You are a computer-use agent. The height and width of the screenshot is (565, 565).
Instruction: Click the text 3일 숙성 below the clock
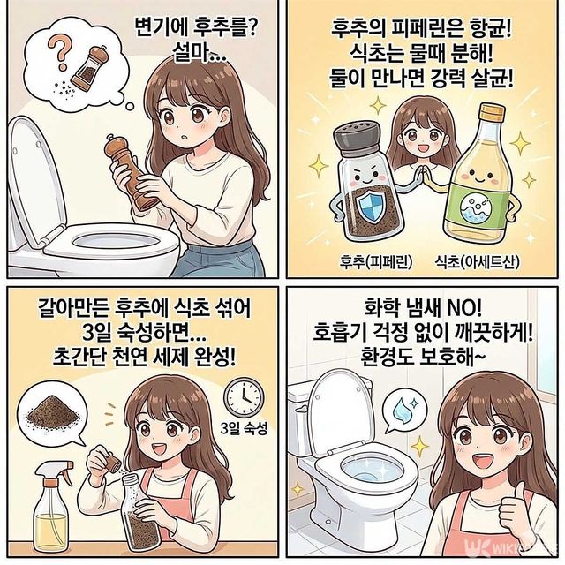[242, 430]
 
